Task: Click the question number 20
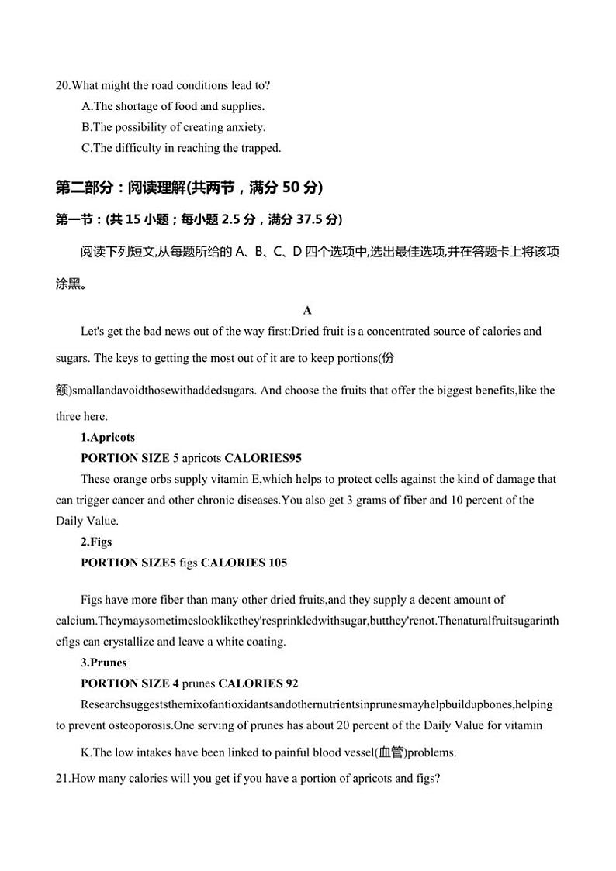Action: (x=63, y=85)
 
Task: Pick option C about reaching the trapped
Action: (x=181, y=148)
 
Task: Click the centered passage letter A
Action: (x=307, y=311)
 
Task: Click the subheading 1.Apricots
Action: (x=108, y=437)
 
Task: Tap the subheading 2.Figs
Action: (x=96, y=542)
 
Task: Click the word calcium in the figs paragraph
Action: (x=75, y=621)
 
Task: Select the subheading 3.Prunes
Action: (x=104, y=663)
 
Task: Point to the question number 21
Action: (x=63, y=777)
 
